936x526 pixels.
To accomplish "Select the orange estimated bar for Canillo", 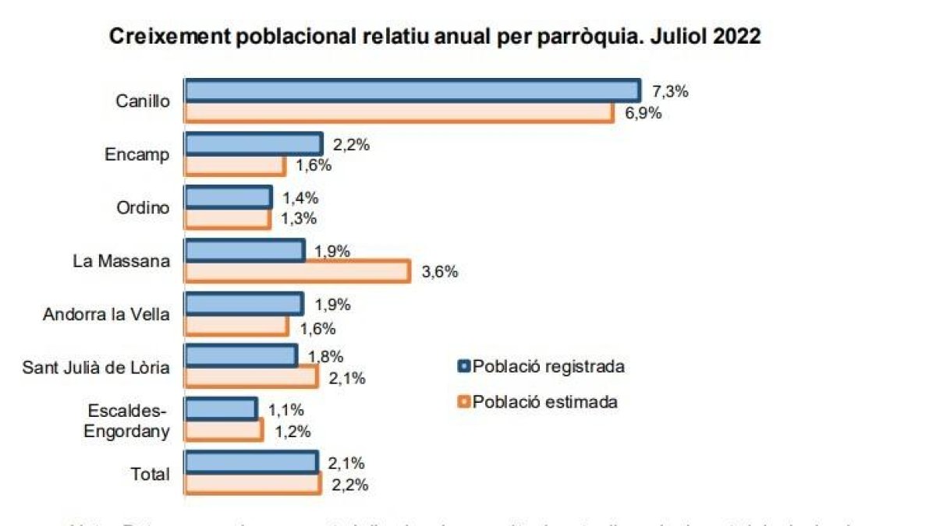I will pos(399,113).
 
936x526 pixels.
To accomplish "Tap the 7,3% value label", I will pos(670,92).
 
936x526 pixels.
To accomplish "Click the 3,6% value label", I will pos(439,272).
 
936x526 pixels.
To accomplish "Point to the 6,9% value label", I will pos(643,114).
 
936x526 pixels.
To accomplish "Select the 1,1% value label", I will pos(286,409).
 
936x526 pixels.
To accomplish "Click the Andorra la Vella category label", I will pos(105,314).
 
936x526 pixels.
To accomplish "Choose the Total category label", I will pos(151,473).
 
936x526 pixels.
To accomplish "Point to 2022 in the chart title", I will pos(736,37).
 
